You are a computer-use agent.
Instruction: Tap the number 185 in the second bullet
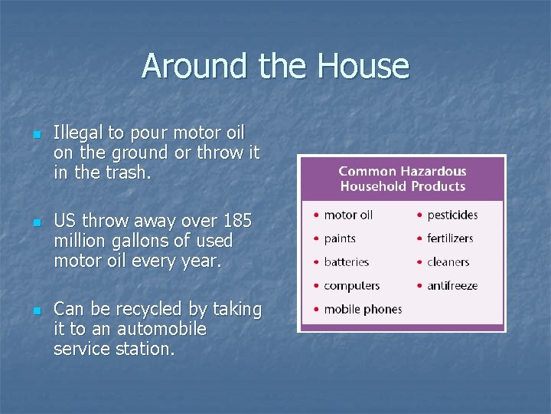click(237, 222)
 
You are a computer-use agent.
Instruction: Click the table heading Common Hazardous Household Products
click(402, 179)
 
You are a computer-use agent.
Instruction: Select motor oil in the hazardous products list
click(348, 215)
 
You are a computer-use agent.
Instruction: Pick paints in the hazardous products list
click(340, 238)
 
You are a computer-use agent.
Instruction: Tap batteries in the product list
click(346, 262)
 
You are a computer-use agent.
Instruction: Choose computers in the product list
click(351, 286)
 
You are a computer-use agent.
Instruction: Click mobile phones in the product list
click(363, 310)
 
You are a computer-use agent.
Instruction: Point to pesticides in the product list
click(452, 215)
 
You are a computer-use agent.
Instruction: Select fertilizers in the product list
click(450, 238)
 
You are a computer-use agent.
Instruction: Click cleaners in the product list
click(448, 262)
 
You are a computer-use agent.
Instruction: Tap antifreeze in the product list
click(452, 286)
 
